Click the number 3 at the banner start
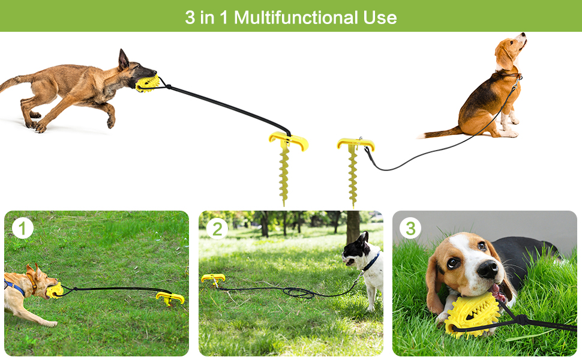click(x=190, y=17)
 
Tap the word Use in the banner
click(x=382, y=17)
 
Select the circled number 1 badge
click(x=23, y=228)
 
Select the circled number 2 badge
click(x=217, y=228)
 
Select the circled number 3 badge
click(x=410, y=228)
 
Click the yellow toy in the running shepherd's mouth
click(x=147, y=83)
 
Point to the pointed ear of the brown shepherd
click(x=123, y=59)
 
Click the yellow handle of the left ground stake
click(x=288, y=142)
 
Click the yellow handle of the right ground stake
click(x=355, y=144)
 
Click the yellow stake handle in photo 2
click(x=213, y=278)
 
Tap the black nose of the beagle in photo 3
click(x=487, y=269)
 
